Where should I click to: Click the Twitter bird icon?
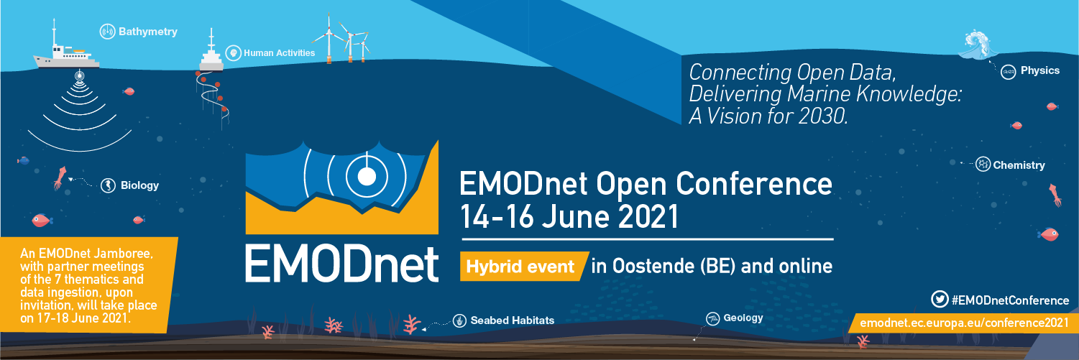[x=940, y=299]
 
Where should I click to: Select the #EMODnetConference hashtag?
[x=1010, y=300]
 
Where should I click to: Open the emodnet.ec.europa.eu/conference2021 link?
[x=965, y=323]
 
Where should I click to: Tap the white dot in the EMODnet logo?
[x=367, y=177]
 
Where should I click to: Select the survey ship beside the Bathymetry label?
[x=66, y=51]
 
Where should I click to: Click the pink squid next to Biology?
[x=60, y=178]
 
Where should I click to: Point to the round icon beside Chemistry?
[x=983, y=164]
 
